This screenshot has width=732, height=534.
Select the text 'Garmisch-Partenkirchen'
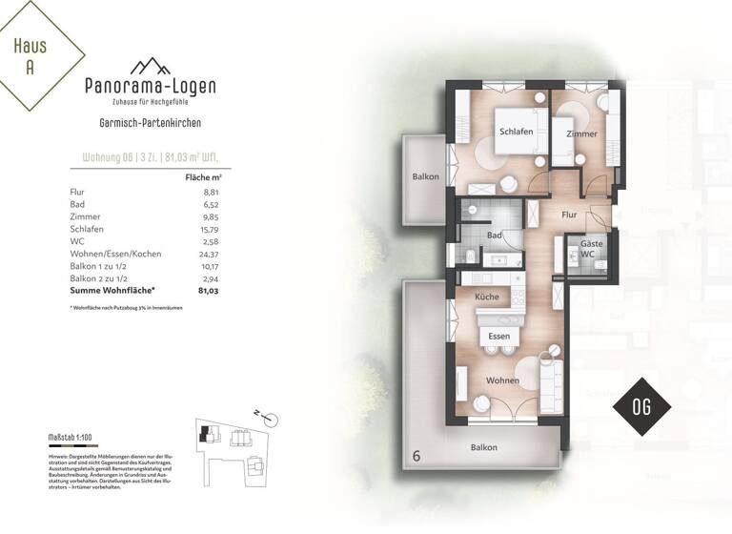[x=150, y=123]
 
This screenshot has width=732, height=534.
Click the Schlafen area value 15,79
[x=205, y=230]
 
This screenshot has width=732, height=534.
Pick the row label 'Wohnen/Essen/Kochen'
[x=115, y=255]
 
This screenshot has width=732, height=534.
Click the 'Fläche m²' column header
[x=202, y=177]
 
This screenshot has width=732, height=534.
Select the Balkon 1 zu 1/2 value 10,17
[x=205, y=266]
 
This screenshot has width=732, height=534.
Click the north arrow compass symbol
[x=270, y=418]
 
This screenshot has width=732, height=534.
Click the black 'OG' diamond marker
[x=640, y=406]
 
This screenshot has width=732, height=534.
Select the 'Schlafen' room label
[x=516, y=132]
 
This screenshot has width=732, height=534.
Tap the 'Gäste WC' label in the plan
[x=592, y=249]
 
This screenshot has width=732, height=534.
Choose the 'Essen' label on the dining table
[x=498, y=337]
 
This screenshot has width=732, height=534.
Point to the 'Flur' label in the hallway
[x=570, y=216]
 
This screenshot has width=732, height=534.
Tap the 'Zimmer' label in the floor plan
[x=581, y=134]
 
